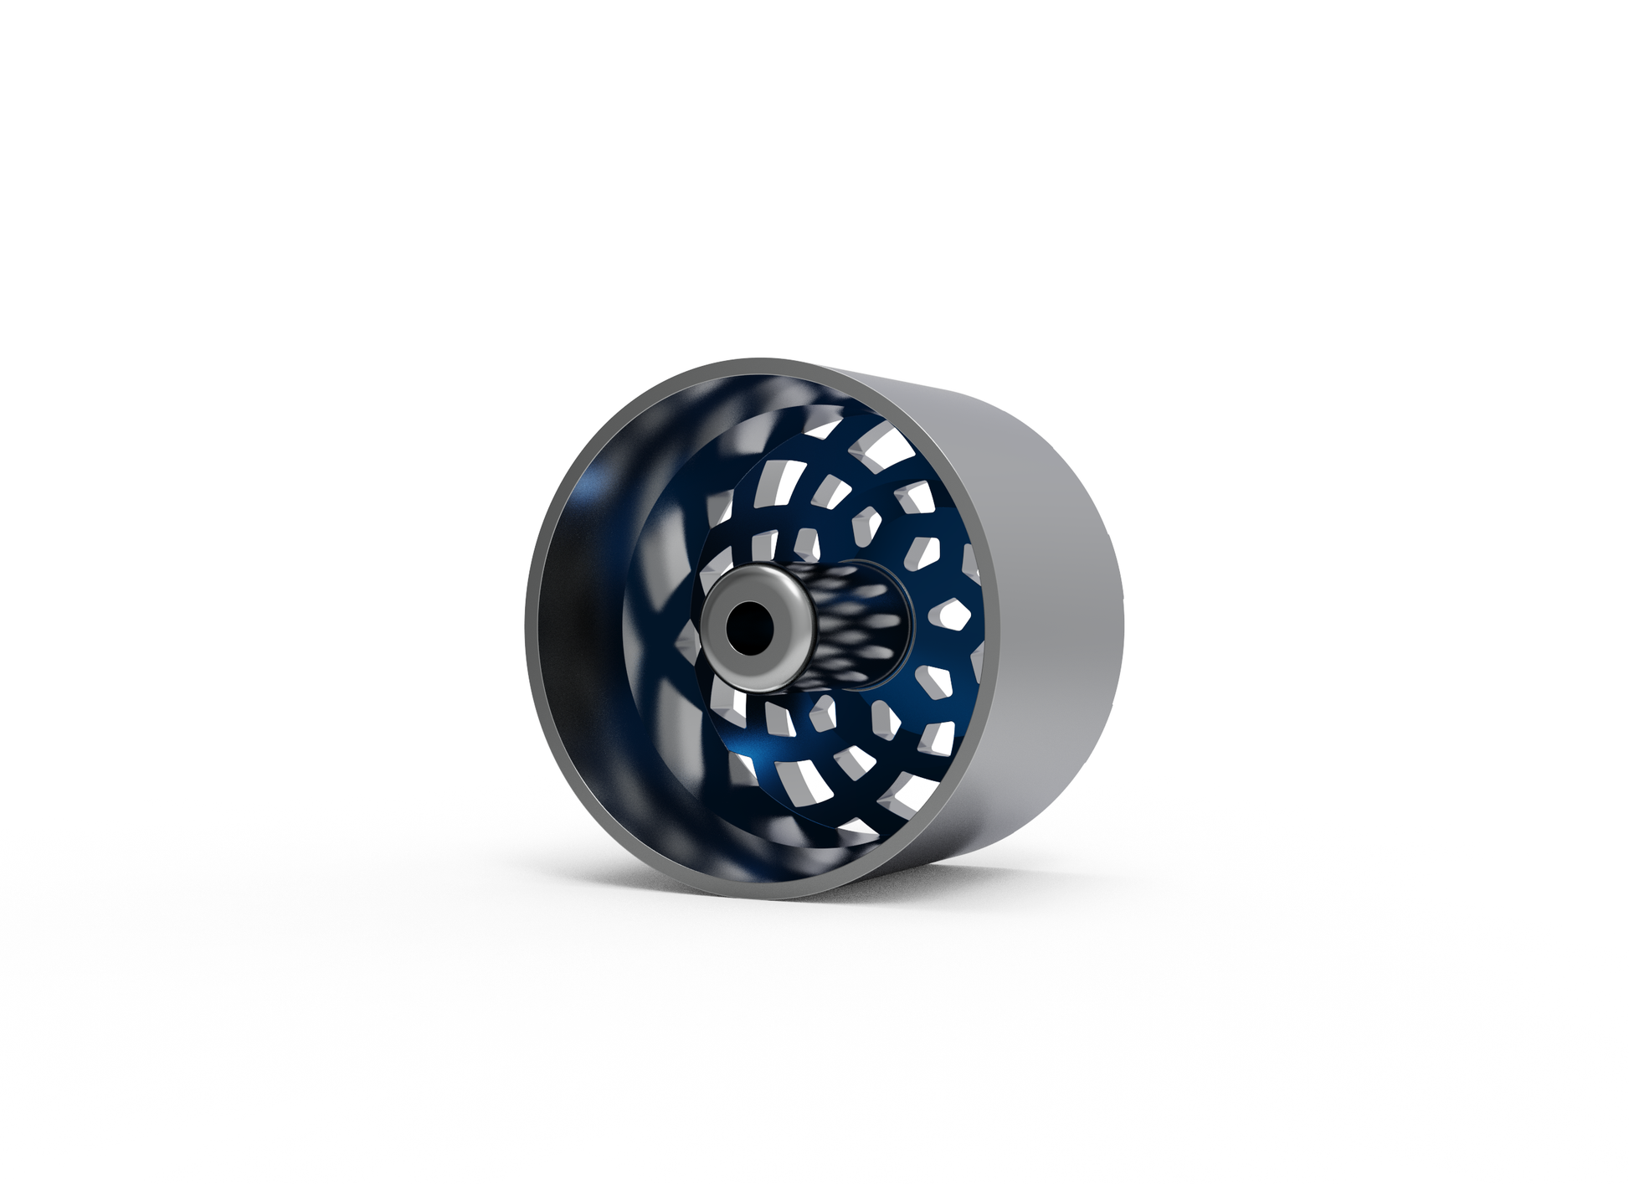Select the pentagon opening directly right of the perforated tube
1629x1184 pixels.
[x=954, y=615]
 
